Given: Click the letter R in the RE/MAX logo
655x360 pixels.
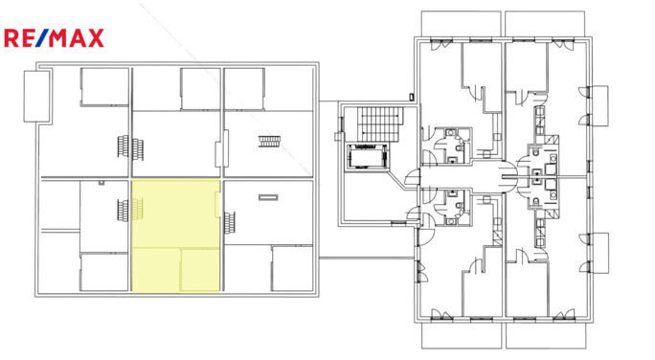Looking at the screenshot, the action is pyautogui.click(x=11, y=38).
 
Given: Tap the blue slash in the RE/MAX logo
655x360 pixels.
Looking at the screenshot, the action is pyautogui.click(x=41, y=38).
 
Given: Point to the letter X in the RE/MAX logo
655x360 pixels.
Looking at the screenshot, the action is pyautogui.click(x=96, y=38).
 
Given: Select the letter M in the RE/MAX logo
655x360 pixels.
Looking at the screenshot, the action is pyautogui.click(x=58, y=38).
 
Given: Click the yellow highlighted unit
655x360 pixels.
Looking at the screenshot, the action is pyautogui.click(x=176, y=236).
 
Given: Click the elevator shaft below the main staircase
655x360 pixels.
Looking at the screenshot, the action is pyautogui.click(x=367, y=157).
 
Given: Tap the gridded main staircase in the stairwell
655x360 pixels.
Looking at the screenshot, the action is pyautogui.click(x=380, y=124).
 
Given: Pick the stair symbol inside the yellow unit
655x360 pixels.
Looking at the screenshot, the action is pyautogui.click(x=138, y=209).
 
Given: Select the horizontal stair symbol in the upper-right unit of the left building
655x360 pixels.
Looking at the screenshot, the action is pyautogui.click(x=270, y=142).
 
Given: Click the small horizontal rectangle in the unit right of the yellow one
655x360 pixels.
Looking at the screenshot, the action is pyautogui.click(x=268, y=197).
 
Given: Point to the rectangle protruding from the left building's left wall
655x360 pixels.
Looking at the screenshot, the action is pyautogui.click(x=36, y=97).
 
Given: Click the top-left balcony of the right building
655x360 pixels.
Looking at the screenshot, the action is pyautogui.click(x=461, y=24).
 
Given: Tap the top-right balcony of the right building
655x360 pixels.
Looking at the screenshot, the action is pyautogui.click(x=545, y=24).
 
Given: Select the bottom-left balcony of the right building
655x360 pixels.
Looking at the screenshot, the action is pyautogui.click(x=461, y=335).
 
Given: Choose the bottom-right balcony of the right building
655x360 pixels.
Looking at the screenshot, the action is pyautogui.click(x=545, y=335).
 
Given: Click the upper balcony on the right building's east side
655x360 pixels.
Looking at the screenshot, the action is pyautogui.click(x=599, y=105).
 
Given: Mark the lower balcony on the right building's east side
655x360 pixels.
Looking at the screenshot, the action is pyautogui.click(x=599, y=253).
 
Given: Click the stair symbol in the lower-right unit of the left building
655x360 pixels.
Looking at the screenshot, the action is pyautogui.click(x=230, y=223).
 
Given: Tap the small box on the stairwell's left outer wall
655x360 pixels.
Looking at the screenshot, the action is pyautogui.click(x=337, y=136).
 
